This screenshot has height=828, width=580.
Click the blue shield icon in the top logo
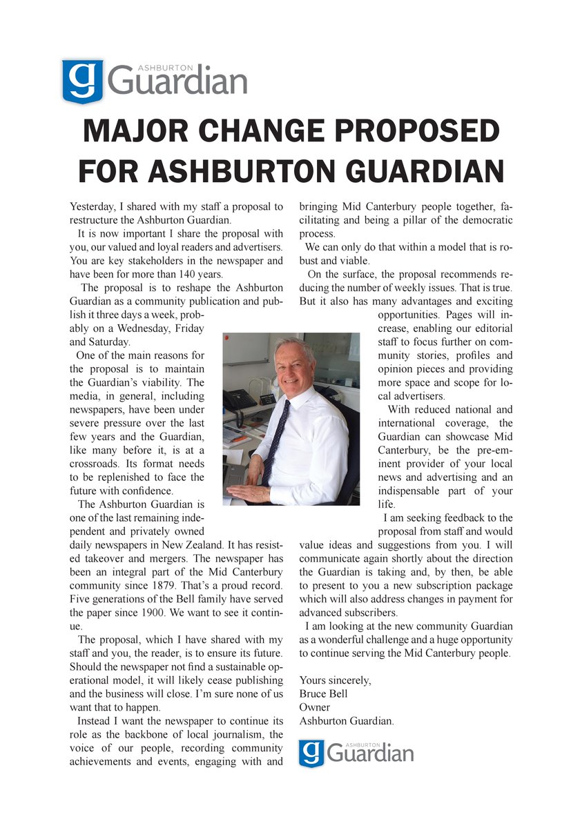click(x=82, y=81)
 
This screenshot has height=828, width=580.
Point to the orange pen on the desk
click(x=238, y=440)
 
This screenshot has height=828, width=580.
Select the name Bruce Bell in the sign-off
click(x=324, y=694)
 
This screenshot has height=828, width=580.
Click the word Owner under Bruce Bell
click(x=314, y=707)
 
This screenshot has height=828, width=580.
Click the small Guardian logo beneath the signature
click(x=356, y=753)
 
